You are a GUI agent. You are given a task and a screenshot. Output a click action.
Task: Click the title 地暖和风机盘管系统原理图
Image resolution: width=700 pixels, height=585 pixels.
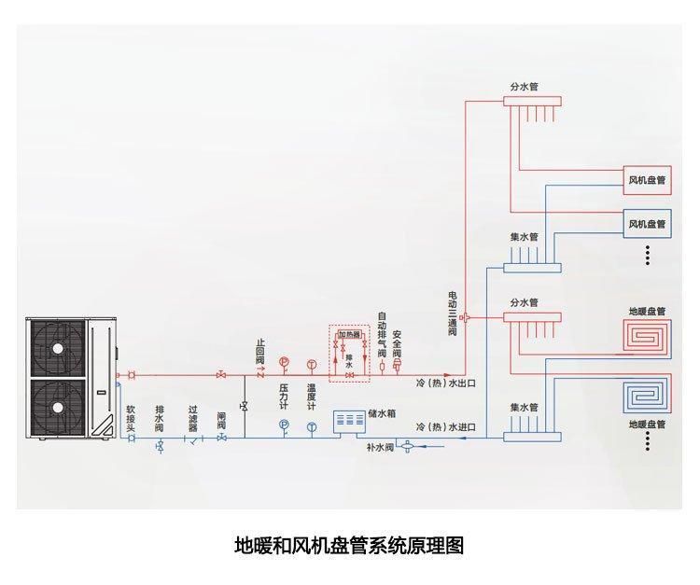348,545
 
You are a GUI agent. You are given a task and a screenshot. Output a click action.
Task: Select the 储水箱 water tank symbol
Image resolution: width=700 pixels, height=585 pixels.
350,419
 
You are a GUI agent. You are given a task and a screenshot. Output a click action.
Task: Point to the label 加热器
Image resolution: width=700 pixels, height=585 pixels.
348,334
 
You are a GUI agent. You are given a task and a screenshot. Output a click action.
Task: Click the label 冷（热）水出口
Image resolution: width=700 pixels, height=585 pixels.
446,383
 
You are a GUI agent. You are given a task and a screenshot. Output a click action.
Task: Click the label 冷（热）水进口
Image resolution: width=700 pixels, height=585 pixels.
446,426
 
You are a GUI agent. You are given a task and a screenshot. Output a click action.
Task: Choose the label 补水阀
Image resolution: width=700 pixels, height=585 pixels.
379,448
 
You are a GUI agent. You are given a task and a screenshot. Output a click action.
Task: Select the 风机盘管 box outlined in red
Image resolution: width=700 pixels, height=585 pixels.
647,179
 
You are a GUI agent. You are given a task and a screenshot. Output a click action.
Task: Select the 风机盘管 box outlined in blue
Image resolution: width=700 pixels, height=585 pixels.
647,223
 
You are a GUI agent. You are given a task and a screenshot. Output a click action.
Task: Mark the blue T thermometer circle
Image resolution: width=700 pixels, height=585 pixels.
312,425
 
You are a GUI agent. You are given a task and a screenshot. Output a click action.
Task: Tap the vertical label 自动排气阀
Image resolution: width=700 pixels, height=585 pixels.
382,335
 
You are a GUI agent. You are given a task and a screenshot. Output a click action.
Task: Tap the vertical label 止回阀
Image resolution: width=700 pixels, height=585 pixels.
260,352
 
